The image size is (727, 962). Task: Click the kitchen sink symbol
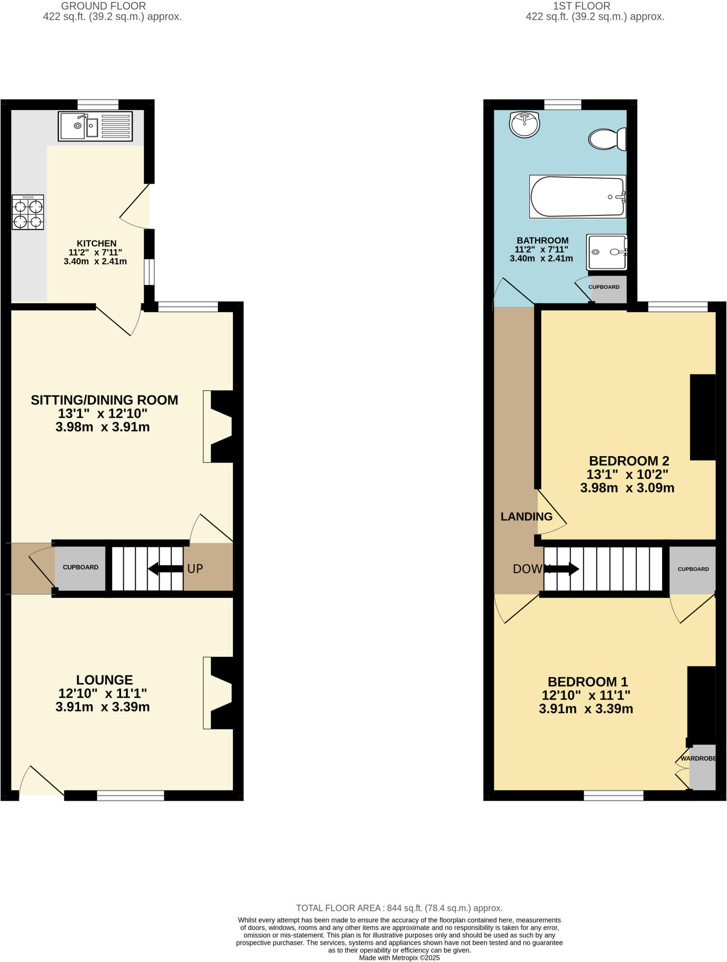pos(95,126)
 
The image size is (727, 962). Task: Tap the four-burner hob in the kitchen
pos(28,212)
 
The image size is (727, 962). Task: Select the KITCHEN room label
pos(97,243)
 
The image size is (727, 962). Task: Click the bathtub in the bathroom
pos(578,197)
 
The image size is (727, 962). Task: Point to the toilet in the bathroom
pos(607,139)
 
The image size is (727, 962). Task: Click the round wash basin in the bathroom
pos(524,124)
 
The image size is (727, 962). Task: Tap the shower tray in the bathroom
pos(607,252)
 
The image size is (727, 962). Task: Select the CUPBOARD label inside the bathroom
pos(604,287)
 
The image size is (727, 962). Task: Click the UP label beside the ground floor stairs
pos(195,569)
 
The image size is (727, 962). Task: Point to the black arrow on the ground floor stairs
pos(165,569)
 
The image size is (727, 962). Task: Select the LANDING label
pos(526,517)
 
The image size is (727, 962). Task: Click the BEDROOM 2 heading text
pos(629,461)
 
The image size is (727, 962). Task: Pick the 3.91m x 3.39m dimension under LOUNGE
pos(102,707)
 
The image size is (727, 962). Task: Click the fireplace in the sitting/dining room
pos(219,427)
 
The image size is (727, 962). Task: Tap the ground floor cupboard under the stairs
pos(80,567)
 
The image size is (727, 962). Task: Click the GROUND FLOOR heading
pos(103,6)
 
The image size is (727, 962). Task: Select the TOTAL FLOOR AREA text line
pos(399,908)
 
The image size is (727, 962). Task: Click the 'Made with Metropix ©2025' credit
pos(399,957)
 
